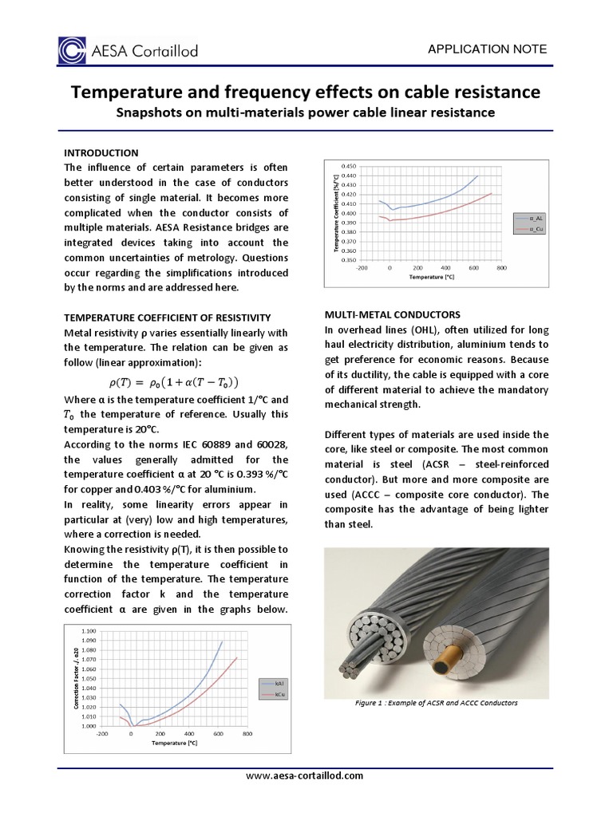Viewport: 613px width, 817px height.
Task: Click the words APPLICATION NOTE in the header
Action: (x=488, y=49)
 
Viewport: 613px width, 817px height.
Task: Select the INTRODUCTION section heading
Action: (x=101, y=152)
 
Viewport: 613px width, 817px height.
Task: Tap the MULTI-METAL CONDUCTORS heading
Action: (x=393, y=314)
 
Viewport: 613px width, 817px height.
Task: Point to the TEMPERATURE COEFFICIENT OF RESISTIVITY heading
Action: (x=168, y=318)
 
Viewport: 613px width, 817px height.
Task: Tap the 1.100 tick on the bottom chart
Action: (x=89, y=631)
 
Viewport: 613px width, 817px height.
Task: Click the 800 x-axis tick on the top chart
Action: (x=502, y=269)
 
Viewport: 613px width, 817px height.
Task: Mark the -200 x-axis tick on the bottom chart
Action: (x=101, y=733)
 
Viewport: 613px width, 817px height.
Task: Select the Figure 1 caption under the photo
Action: (x=436, y=703)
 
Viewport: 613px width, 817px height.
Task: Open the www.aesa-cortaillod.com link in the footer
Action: (x=306, y=776)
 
